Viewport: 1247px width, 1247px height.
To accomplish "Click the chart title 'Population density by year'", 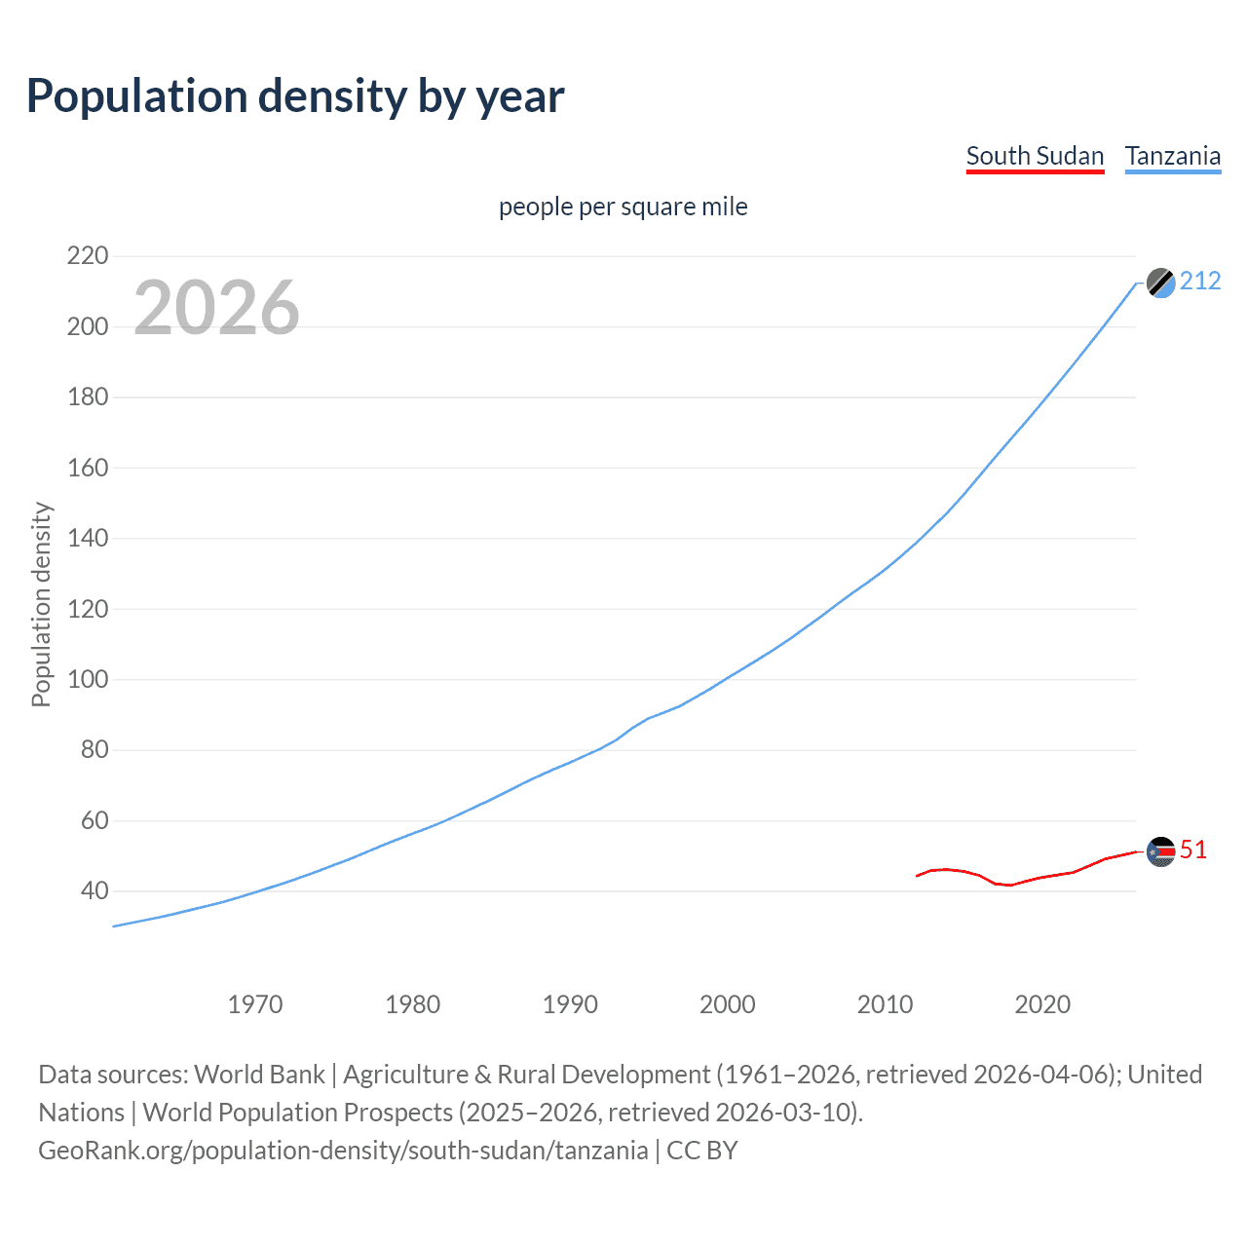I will click(295, 96).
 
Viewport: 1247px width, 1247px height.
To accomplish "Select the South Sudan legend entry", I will click(1035, 156).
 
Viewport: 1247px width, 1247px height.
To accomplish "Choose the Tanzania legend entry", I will click(1172, 156).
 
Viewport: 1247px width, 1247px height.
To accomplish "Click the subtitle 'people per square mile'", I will click(623, 207).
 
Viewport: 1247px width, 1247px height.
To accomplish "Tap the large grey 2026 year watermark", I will click(216, 308).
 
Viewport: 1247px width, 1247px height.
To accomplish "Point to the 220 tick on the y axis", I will click(88, 256).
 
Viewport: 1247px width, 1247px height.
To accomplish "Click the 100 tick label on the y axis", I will click(88, 679).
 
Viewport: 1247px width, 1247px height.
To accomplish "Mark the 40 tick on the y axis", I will click(88, 890).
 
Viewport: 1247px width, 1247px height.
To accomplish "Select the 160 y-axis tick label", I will click(88, 468).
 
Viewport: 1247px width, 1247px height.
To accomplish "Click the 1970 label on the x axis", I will click(255, 1004).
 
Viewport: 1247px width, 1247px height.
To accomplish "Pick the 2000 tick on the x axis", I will click(728, 1004).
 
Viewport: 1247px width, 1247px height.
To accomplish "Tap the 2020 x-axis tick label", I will click(1042, 1004).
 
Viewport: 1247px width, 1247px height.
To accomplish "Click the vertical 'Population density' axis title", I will click(41, 604).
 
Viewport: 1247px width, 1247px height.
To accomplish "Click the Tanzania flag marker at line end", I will click(1160, 283).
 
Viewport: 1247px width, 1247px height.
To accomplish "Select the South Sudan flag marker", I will click(1160, 851).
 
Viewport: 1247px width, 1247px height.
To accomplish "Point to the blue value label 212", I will click(1200, 282).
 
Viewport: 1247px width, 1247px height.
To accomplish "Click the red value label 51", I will click(1193, 850).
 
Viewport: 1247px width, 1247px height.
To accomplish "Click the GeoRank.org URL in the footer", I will click(343, 1151).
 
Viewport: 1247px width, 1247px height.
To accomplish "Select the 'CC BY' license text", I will click(701, 1151).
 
